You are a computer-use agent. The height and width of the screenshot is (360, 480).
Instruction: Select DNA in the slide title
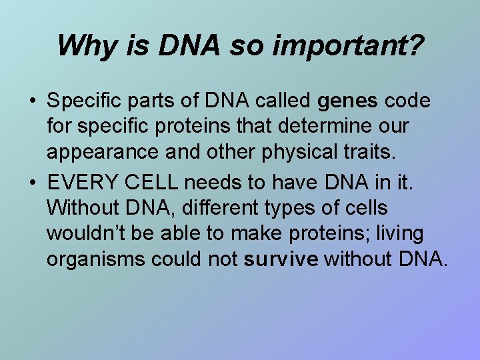pos(181,45)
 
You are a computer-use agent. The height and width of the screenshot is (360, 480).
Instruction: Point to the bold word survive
pos(281,259)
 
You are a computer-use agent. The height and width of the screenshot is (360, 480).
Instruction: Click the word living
pos(398,233)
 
